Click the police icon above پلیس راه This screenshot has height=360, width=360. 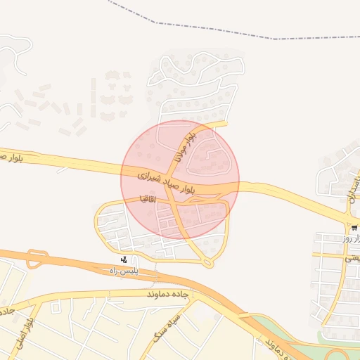pyautogui.click(x=124, y=259)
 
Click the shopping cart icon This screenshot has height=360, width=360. pyautogui.click(x=354, y=228)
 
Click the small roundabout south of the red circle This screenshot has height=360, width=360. pyautogui.click(x=207, y=262)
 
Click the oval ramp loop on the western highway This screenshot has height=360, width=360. pyautogui.click(x=37, y=259)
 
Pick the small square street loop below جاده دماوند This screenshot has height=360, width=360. pyautogui.click(x=56, y=306)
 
